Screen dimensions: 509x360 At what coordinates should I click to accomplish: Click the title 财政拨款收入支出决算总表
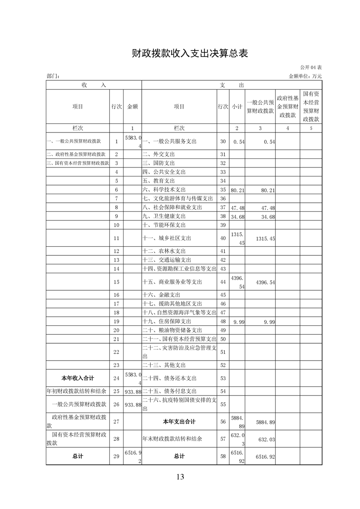click(x=180, y=53)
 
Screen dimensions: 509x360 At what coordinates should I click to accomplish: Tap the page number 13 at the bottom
click(x=180, y=476)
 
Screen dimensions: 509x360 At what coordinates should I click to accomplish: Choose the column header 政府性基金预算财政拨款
click(x=288, y=107)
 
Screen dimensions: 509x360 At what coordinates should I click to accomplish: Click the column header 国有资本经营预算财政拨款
click(x=311, y=107)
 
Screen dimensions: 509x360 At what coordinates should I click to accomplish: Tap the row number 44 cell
click(x=222, y=282)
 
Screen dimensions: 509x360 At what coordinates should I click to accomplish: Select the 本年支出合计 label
click(x=179, y=422)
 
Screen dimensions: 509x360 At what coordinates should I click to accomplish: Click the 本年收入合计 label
click(x=78, y=378)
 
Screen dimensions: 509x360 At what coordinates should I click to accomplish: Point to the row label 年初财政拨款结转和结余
click(x=77, y=391)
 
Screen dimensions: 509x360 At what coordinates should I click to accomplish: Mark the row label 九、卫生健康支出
click(x=164, y=216)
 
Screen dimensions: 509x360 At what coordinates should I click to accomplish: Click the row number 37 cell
click(x=222, y=207)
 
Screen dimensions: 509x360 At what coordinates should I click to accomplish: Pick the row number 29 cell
click(x=116, y=456)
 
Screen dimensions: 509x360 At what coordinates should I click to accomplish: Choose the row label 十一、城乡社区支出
click(x=167, y=238)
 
